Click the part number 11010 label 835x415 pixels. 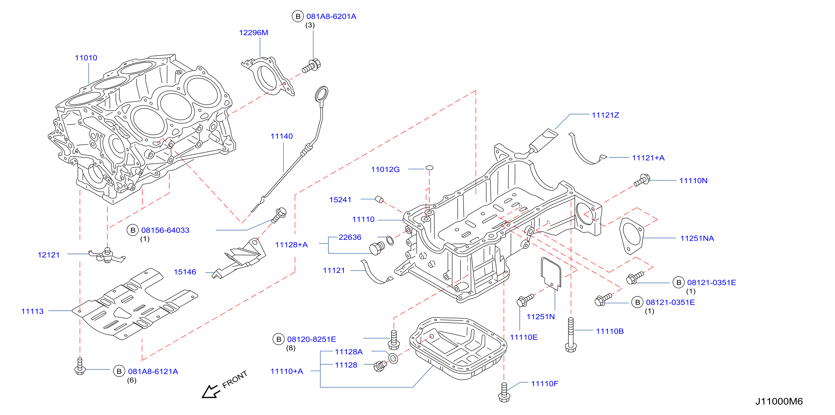pyautogui.click(x=86, y=58)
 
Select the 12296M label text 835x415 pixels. pyautogui.click(x=254, y=33)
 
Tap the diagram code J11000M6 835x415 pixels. pyautogui.click(x=779, y=401)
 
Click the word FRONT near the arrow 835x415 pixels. pyautogui.click(x=235, y=379)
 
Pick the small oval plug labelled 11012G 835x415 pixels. pyautogui.click(x=429, y=168)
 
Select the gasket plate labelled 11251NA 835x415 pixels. pyautogui.click(x=631, y=236)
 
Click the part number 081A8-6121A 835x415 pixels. pyautogui.click(x=153, y=372)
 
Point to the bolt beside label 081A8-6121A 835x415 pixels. pyautogui.click(x=80, y=366)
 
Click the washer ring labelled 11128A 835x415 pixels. pyautogui.click(x=393, y=358)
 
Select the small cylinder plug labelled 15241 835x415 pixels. pyautogui.click(x=379, y=199)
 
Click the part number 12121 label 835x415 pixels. pyautogui.click(x=49, y=255)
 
